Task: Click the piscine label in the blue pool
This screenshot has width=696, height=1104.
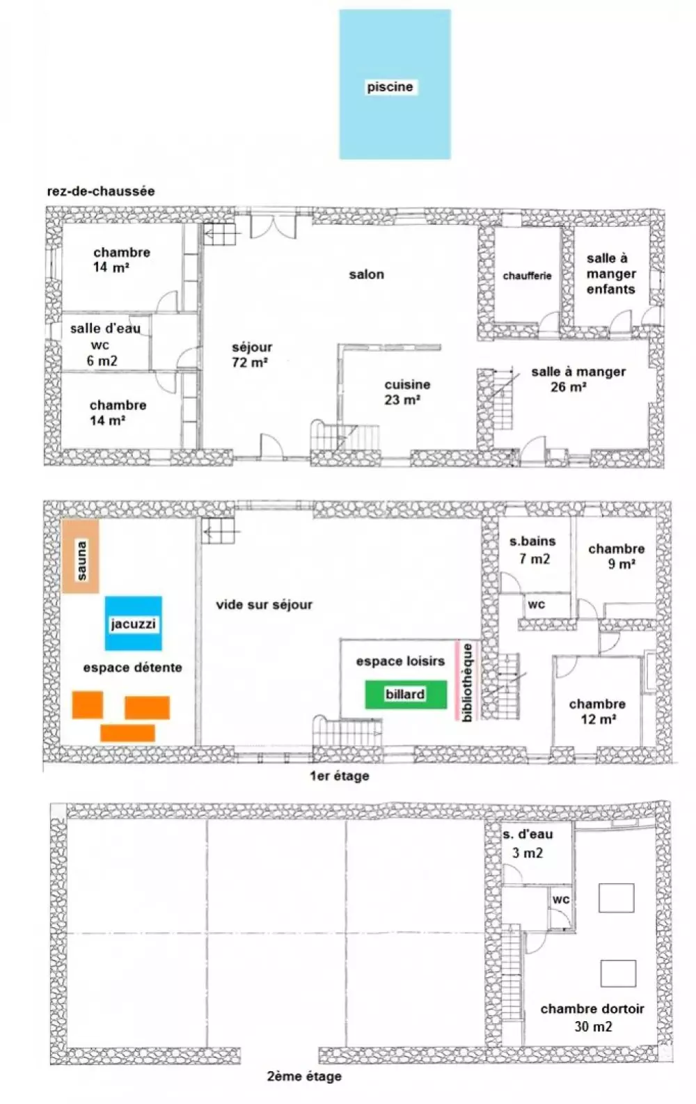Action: (390, 87)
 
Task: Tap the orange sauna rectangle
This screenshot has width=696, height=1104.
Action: (81, 556)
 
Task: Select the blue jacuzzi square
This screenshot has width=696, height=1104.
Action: (133, 624)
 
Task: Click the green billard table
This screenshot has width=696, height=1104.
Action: (406, 695)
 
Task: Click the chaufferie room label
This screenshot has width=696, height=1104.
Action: (527, 276)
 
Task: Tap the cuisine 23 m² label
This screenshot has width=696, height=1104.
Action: (407, 392)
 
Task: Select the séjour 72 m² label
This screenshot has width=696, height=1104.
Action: (252, 355)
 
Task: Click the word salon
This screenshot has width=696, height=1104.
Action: (366, 274)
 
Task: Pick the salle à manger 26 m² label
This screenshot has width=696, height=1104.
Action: (578, 379)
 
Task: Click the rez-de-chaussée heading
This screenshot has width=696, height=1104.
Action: (100, 191)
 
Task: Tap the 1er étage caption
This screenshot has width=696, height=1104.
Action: (339, 775)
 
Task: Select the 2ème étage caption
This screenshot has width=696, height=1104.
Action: (304, 1076)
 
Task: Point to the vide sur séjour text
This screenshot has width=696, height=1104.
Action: (264, 605)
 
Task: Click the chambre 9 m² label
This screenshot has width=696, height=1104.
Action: (616, 556)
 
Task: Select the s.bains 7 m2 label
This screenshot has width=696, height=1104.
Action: (532, 550)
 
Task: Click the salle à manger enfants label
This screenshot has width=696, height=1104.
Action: (610, 274)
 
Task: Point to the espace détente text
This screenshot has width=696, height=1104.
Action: (133, 668)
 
